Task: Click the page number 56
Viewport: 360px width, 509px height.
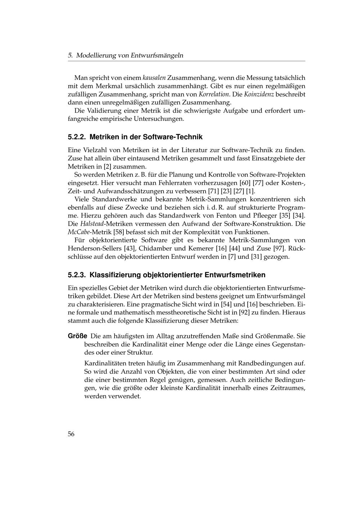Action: pyautogui.click(x=71, y=434)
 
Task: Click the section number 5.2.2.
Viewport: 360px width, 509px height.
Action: pyautogui.click(x=77, y=137)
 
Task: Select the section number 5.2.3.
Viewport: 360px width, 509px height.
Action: pyautogui.click(x=77, y=275)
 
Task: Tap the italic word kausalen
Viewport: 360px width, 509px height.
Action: pyautogui.click(x=154, y=78)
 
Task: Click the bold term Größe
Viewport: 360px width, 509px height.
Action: pyautogui.click(x=77, y=336)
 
